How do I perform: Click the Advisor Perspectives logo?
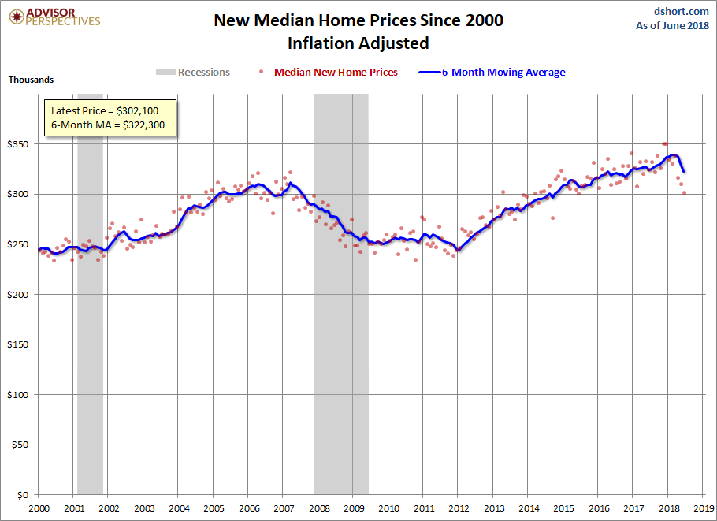53,17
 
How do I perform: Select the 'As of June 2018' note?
672,25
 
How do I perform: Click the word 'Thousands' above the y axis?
32,80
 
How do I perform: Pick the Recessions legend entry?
193,73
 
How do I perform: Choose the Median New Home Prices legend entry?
329,73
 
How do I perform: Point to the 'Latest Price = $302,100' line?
110,111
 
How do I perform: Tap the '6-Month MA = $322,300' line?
110,125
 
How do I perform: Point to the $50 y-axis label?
20,445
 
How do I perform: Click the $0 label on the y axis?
23,495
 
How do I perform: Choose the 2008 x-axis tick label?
318,508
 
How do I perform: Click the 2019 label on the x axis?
704,508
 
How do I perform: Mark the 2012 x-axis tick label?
459,508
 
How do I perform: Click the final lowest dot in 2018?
684,192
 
